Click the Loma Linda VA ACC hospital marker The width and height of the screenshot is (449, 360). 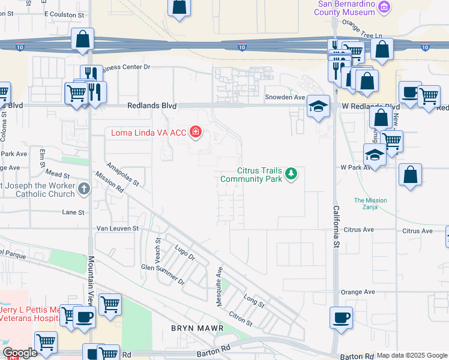pyautogui.click(x=194, y=131)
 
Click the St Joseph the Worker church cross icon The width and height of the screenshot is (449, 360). pyautogui.click(x=84, y=190)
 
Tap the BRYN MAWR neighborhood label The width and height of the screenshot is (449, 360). pyautogui.click(x=197, y=329)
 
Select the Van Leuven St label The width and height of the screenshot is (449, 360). pyautogui.click(x=118, y=229)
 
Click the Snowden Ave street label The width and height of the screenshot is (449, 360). pyautogui.click(x=286, y=97)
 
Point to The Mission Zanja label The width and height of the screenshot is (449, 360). pyautogui.click(x=370, y=204)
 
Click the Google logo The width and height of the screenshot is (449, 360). pyautogui.click(x=20, y=353)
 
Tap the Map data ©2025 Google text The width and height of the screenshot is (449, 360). pyautogui.click(x=412, y=355)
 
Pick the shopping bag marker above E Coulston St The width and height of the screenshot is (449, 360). pyautogui.click(x=179, y=7)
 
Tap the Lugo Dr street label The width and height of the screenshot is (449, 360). pyautogui.click(x=185, y=251)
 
